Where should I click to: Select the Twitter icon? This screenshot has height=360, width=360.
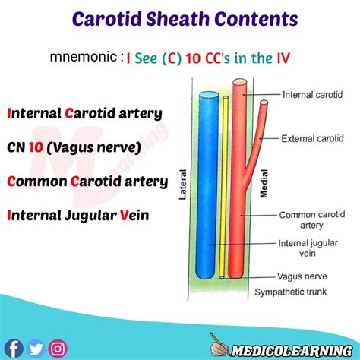click(36, 349)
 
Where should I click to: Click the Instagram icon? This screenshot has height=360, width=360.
click(57, 349)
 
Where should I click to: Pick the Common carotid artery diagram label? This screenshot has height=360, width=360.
click(309, 221)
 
